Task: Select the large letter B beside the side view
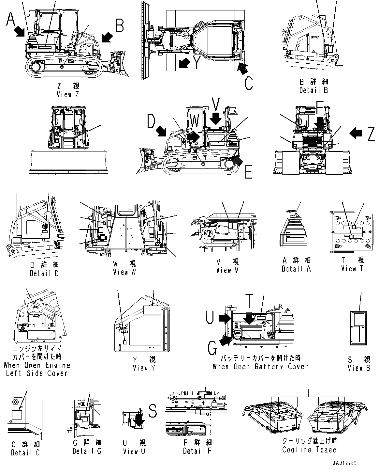[x=119, y=25]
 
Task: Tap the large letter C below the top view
[x=248, y=83]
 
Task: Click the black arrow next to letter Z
[x=356, y=133]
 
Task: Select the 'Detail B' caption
[x=313, y=90]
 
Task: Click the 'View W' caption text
[x=124, y=272]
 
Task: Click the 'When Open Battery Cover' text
[x=260, y=366]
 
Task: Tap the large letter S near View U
[x=153, y=411]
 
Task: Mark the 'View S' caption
[x=359, y=368]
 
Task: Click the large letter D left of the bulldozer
[x=151, y=121]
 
